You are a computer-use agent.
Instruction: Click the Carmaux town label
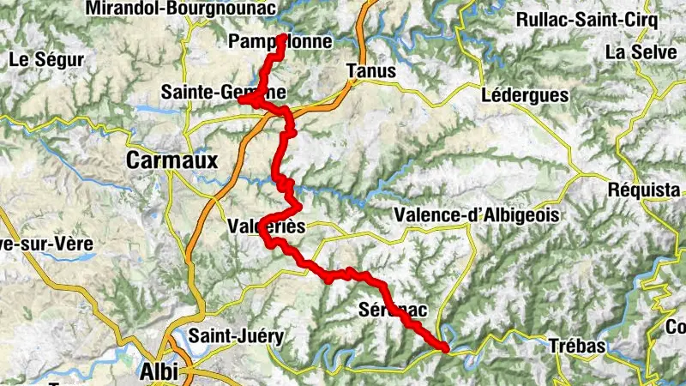(x=172, y=160)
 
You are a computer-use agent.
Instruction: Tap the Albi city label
(x=159, y=371)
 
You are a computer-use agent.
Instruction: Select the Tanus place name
(x=372, y=71)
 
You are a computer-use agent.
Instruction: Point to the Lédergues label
(x=525, y=94)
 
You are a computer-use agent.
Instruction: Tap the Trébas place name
(x=576, y=347)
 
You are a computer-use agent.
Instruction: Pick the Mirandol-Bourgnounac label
(x=181, y=9)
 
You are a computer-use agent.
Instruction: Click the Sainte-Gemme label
(x=222, y=92)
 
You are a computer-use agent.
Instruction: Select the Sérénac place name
(x=391, y=309)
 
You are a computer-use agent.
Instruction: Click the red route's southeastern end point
(x=445, y=347)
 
